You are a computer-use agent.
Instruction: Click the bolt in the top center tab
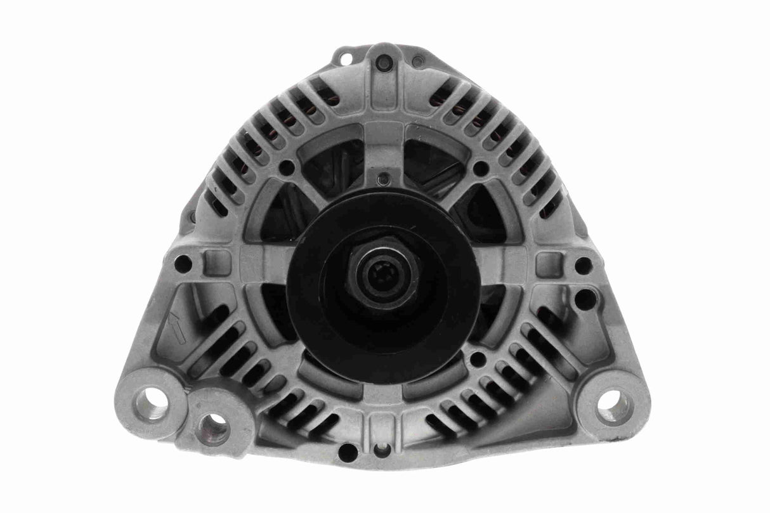(x=383, y=63)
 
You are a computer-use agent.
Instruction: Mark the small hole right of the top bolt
(x=418, y=62)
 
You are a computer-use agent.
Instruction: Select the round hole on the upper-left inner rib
(x=287, y=167)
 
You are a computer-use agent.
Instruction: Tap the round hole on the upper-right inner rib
(x=481, y=168)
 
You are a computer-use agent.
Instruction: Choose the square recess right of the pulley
(x=549, y=264)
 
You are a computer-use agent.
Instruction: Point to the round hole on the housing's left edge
(x=183, y=263)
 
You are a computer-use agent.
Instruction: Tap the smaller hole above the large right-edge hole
(x=583, y=265)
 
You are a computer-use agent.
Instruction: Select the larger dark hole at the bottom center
(x=348, y=452)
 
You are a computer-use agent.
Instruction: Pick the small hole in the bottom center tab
(x=382, y=450)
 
